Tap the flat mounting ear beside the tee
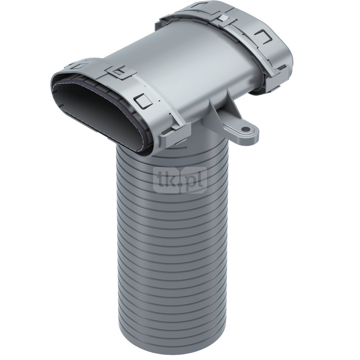tap(241, 131)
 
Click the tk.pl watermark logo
tap(180, 179)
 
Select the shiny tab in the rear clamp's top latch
tap(223, 18)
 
